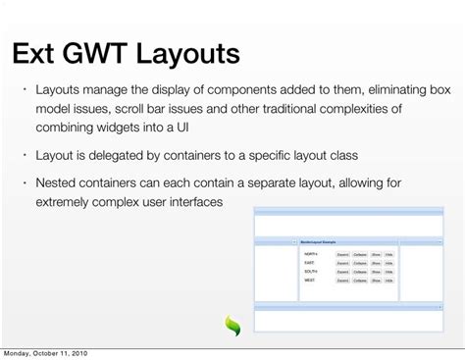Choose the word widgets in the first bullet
pyautogui.click(x=128, y=128)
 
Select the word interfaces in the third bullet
pyautogui.click(x=190, y=201)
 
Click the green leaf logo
pyautogui.click(x=233, y=326)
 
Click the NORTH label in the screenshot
pyautogui.click(x=311, y=253)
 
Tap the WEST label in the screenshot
pyautogui.click(x=310, y=281)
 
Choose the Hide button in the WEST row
pyautogui.click(x=389, y=281)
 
